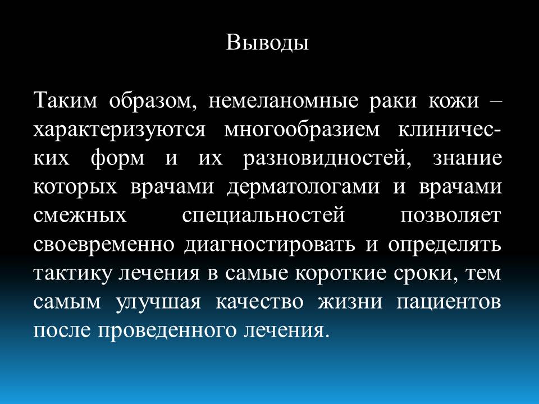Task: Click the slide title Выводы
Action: coord(267,43)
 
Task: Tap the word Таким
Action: coord(66,101)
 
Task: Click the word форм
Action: coord(118,159)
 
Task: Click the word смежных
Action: coord(80,216)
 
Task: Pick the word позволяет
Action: coord(451,216)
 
